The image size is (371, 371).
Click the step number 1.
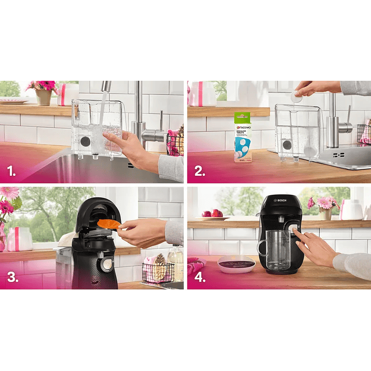11,170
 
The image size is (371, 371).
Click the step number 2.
198,170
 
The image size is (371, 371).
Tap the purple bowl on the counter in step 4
236,263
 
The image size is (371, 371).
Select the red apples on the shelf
213,213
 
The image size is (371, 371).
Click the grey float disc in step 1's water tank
85,141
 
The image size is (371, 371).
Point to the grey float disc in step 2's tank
287,145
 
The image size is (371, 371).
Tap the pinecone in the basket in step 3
159,269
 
